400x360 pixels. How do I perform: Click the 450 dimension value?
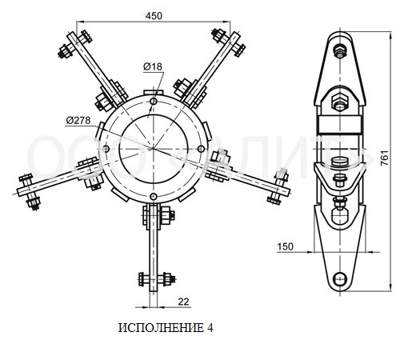[154, 16]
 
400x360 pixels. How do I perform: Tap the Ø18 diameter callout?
[153, 66]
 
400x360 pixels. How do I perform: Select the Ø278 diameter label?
[78, 121]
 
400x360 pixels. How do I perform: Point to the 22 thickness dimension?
[183, 302]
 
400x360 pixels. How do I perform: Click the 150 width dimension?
[285, 246]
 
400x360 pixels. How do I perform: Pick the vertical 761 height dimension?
[385, 158]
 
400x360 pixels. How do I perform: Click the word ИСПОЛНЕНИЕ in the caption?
[161, 328]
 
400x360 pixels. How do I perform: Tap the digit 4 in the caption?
[210, 328]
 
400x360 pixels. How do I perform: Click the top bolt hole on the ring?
[154, 102]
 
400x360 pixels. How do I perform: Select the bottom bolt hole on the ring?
[153, 197]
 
